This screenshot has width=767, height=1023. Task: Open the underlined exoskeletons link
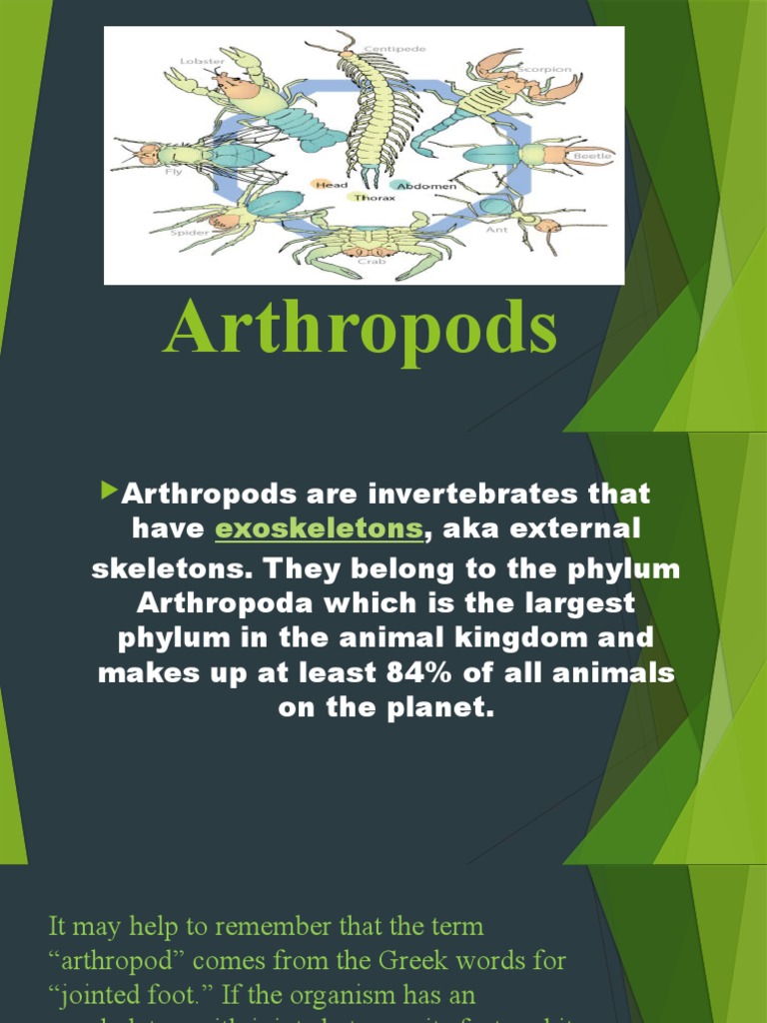click(320, 528)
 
